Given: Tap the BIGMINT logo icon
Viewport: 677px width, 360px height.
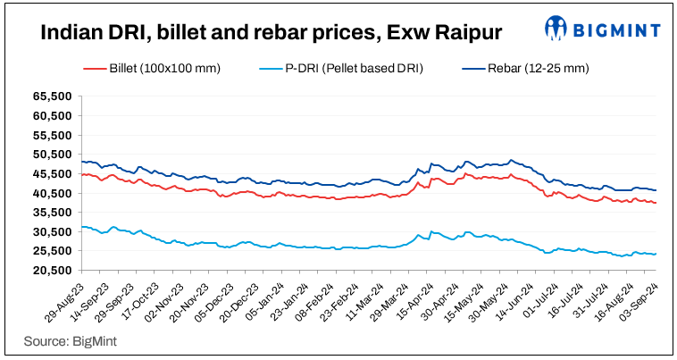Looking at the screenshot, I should (556, 28).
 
